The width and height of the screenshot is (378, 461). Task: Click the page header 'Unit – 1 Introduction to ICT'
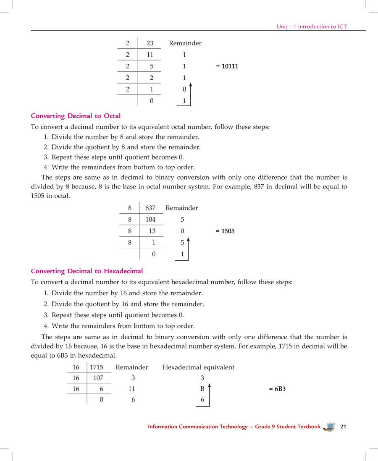(x=312, y=26)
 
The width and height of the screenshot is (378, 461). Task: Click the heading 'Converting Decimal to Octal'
(x=76, y=116)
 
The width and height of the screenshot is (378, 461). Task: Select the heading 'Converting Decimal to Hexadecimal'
(x=87, y=271)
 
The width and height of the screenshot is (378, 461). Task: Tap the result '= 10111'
(x=227, y=66)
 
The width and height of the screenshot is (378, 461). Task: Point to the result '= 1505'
(x=225, y=231)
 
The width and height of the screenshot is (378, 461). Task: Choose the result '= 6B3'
(x=277, y=389)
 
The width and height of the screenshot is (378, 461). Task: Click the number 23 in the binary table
(x=150, y=43)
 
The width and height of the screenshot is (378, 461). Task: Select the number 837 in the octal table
(x=150, y=208)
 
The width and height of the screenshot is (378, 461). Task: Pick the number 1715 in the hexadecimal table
(x=97, y=367)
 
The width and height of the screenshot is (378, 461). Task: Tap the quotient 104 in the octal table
(x=150, y=220)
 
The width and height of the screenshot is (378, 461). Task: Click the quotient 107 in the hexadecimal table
(x=98, y=378)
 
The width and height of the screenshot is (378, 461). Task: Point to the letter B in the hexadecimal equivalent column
(x=202, y=389)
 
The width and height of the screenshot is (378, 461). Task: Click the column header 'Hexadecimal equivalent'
(x=198, y=367)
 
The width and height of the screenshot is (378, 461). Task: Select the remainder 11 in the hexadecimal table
(x=131, y=389)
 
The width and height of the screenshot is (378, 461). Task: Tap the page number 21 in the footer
(x=343, y=427)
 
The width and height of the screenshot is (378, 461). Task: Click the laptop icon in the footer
(x=329, y=427)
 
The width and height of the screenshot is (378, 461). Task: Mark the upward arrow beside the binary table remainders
(x=191, y=94)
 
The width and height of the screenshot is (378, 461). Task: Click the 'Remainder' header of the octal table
(x=181, y=208)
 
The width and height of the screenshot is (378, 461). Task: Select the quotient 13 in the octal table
(x=152, y=231)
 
